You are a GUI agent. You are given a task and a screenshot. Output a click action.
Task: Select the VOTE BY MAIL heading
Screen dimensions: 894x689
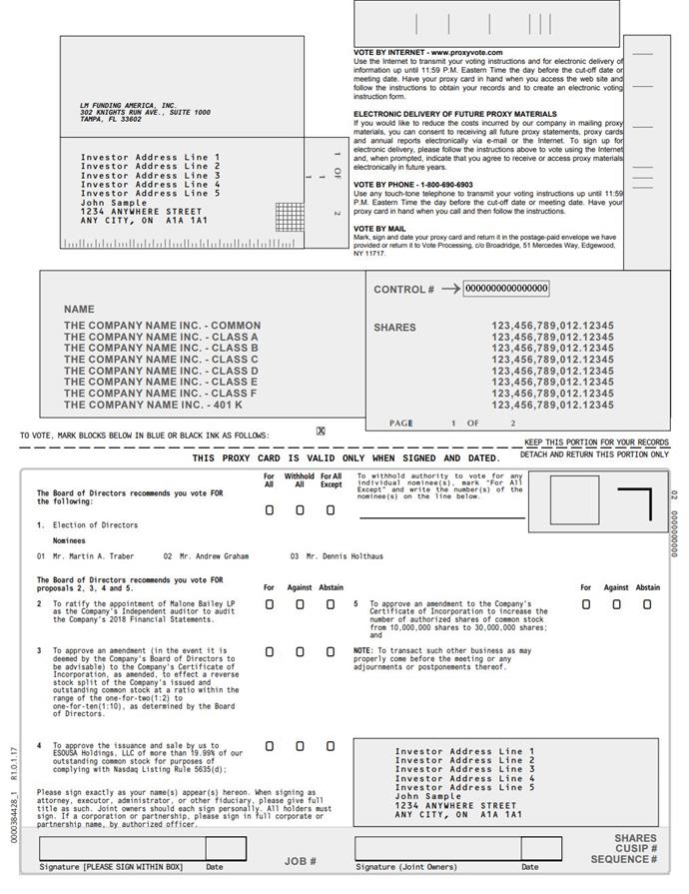pyautogui.click(x=379, y=229)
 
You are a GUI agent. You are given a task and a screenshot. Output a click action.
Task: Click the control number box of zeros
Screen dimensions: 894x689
pyautogui.click(x=506, y=289)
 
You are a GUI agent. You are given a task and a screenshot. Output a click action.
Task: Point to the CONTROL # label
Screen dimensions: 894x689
pyautogui.click(x=403, y=290)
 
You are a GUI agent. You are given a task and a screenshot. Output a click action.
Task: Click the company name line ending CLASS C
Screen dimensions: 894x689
pyautogui.click(x=161, y=360)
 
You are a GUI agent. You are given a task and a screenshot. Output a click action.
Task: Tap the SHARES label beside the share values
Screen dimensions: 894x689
pyautogui.click(x=394, y=327)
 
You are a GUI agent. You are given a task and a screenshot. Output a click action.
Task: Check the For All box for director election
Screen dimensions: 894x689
pyautogui.click(x=270, y=510)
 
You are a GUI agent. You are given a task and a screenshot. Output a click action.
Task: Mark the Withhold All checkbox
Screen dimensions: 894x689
pyautogui.click(x=300, y=510)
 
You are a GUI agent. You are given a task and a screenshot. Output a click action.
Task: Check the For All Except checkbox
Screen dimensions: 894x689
pyautogui.click(x=331, y=510)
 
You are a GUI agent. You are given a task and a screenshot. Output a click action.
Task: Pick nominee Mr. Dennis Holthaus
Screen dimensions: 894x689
pyautogui.click(x=344, y=556)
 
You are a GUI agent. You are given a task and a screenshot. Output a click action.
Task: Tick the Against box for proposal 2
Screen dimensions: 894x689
pyautogui.click(x=300, y=604)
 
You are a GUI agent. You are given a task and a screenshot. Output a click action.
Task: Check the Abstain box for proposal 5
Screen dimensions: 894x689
pyautogui.click(x=647, y=604)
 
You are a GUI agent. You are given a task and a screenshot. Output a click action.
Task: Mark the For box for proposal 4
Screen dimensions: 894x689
pyautogui.click(x=270, y=746)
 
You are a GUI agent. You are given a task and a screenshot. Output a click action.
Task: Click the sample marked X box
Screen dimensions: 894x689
pyautogui.click(x=321, y=432)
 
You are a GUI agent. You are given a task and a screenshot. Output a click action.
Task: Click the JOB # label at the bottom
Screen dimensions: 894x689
pyautogui.click(x=300, y=860)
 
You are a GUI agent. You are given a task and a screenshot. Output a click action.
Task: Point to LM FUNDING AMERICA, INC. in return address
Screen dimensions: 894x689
pyautogui.click(x=128, y=105)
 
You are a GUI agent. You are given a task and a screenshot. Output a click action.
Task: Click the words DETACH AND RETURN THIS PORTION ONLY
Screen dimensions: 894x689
pyautogui.click(x=595, y=454)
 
